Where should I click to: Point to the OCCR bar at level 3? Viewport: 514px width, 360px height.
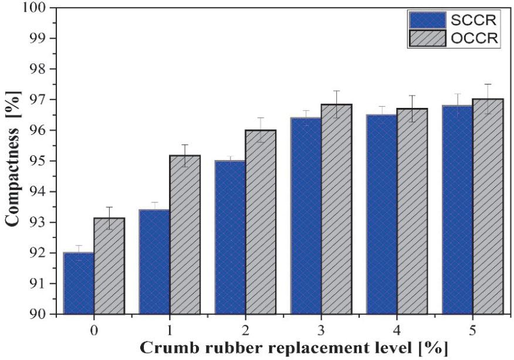[335, 209]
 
